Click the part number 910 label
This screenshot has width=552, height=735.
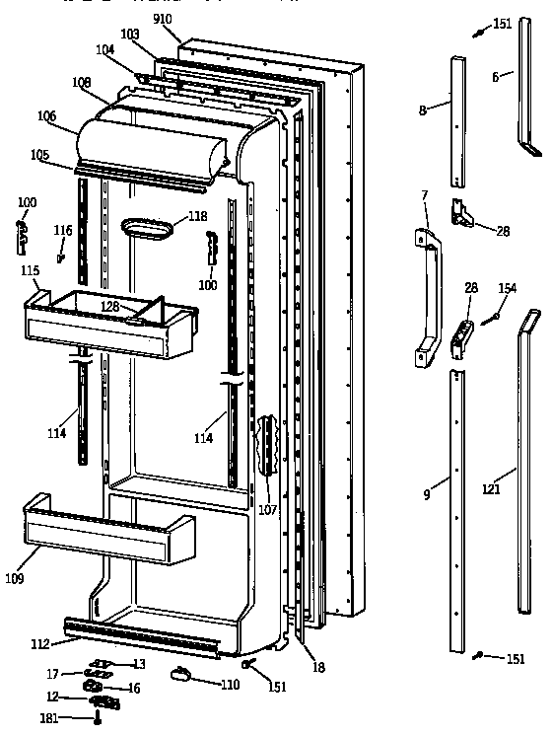[x=162, y=18]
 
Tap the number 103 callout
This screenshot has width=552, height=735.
[x=130, y=34]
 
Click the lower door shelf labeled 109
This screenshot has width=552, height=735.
[x=108, y=533]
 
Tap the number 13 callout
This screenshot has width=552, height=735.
[x=139, y=663]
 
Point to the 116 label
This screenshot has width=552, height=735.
[x=62, y=230]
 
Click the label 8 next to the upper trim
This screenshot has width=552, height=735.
[x=422, y=110]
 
